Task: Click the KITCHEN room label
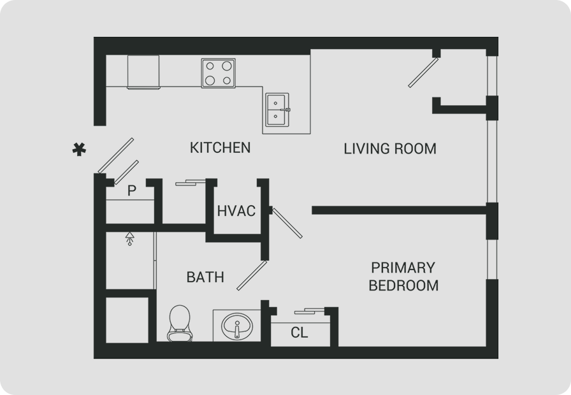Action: click(x=220, y=148)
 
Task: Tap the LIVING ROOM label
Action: click(x=390, y=149)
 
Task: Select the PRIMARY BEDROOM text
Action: click(x=403, y=276)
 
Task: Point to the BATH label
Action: click(x=205, y=277)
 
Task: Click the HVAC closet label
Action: click(x=236, y=211)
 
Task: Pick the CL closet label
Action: click(x=300, y=333)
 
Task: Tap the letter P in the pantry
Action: click(x=132, y=190)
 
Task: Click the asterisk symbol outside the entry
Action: click(x=79, y=150)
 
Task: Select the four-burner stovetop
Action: click(x=219, y=73)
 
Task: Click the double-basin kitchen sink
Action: click(x=277, y=110)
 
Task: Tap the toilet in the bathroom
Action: click(x=180, y=323)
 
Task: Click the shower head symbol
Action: click(x=129, y=238)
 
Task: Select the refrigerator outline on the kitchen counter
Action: click(x=143, y=72)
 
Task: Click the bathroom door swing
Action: click(x=252, y=276)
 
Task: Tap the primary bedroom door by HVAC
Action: click(x=287, y=223)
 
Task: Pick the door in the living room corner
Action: click(x=423, y=73)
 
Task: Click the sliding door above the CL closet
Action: click(x=310, y=312)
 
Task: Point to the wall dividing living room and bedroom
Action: click(x=399, y=210)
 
